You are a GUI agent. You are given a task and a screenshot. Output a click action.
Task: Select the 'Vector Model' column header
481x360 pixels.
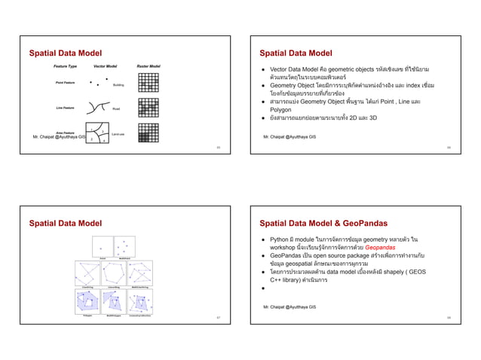tap(106, 66)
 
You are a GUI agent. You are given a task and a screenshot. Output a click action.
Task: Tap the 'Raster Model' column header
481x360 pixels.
tap(149, 66)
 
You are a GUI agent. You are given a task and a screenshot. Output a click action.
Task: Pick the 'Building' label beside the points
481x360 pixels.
tap(118, 85)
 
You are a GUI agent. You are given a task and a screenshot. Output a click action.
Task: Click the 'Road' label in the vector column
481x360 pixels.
tap(116, 109)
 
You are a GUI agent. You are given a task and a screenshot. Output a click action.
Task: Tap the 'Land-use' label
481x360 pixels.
tap(118, 134)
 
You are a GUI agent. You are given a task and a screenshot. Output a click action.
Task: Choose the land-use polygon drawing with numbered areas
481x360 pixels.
tap(97, 133)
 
